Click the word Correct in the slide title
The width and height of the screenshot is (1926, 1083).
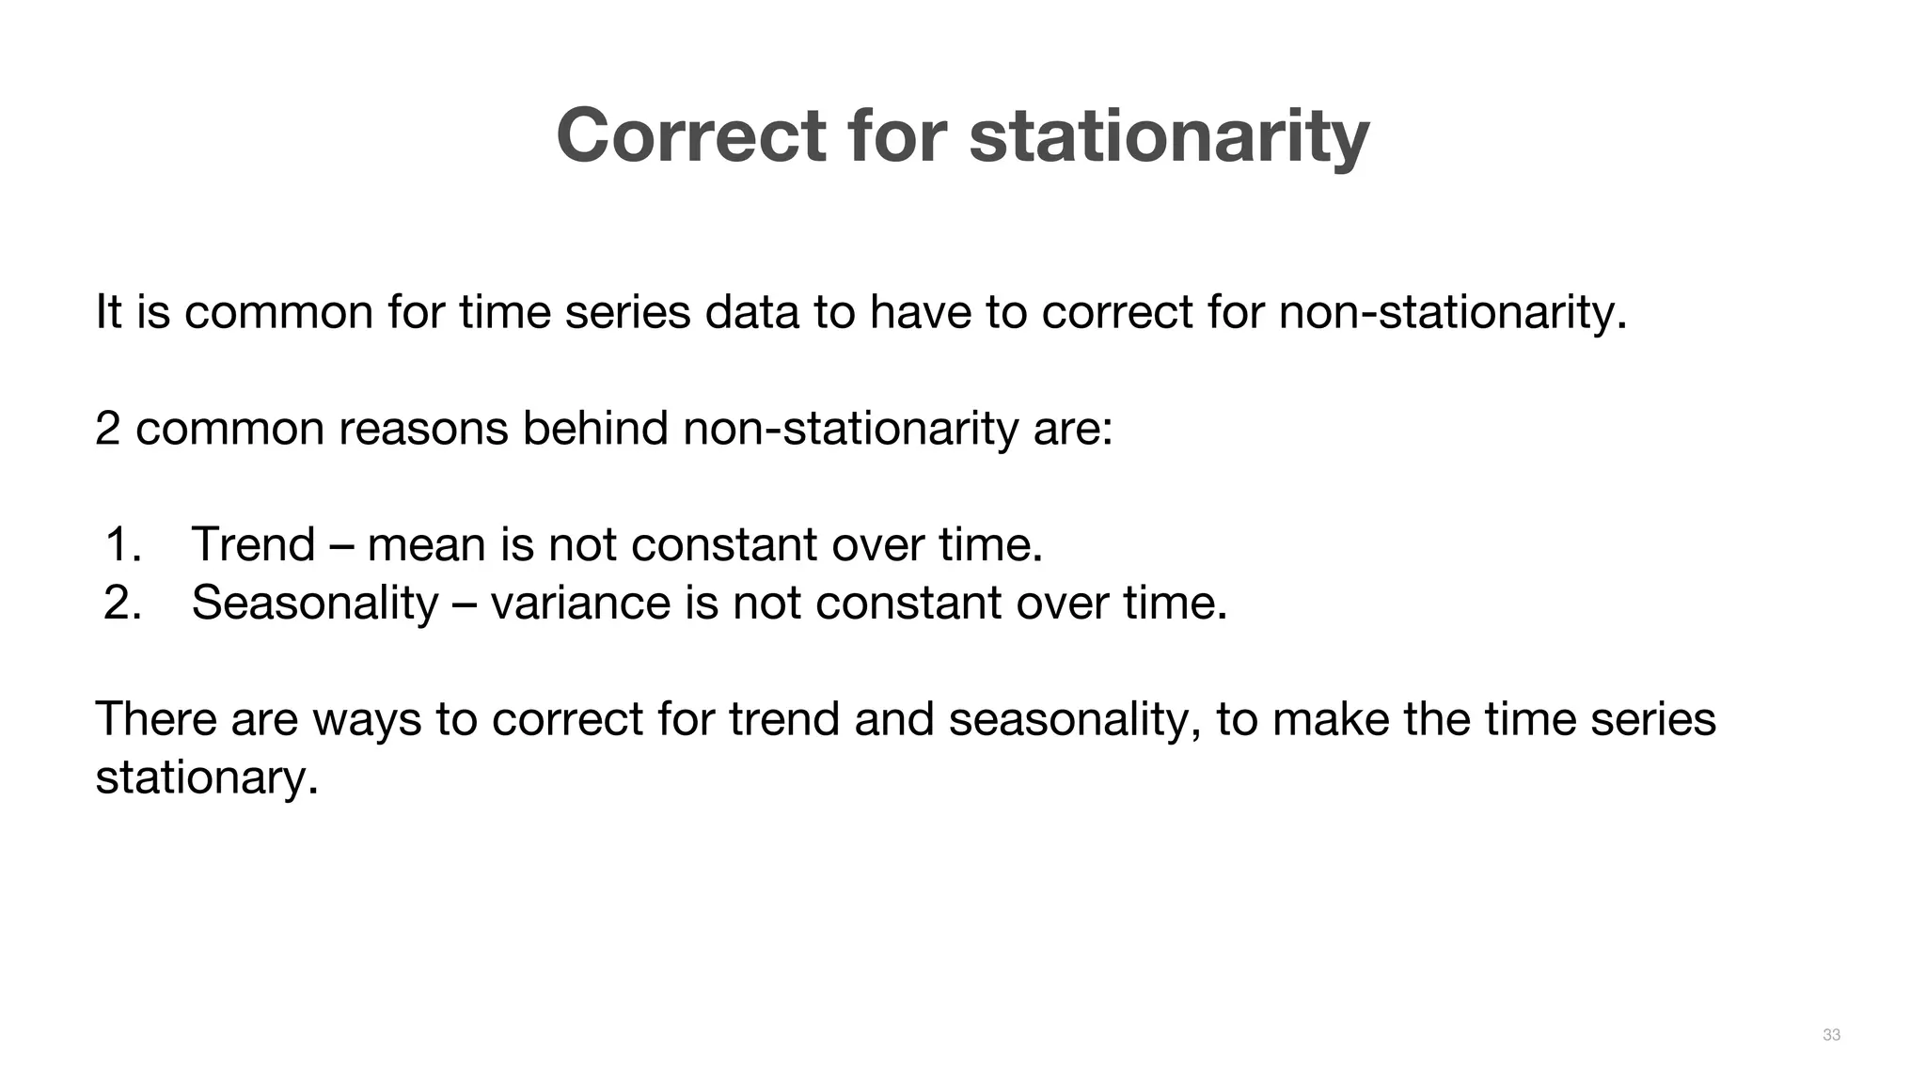point(690,136)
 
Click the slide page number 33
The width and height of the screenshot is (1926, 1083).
point(1831,1035)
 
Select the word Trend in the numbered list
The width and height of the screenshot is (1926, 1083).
point(252,544)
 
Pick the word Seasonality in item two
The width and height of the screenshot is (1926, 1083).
point(315,603)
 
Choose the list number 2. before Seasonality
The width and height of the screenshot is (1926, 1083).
point(122,603)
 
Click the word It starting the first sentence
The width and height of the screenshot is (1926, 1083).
point(109,312)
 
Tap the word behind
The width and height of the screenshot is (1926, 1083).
point(595,429)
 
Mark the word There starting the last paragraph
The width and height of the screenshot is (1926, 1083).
point(156,719)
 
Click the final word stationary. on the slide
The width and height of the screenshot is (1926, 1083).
point(207,778)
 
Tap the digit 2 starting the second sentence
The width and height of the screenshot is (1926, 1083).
point(107,429)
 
